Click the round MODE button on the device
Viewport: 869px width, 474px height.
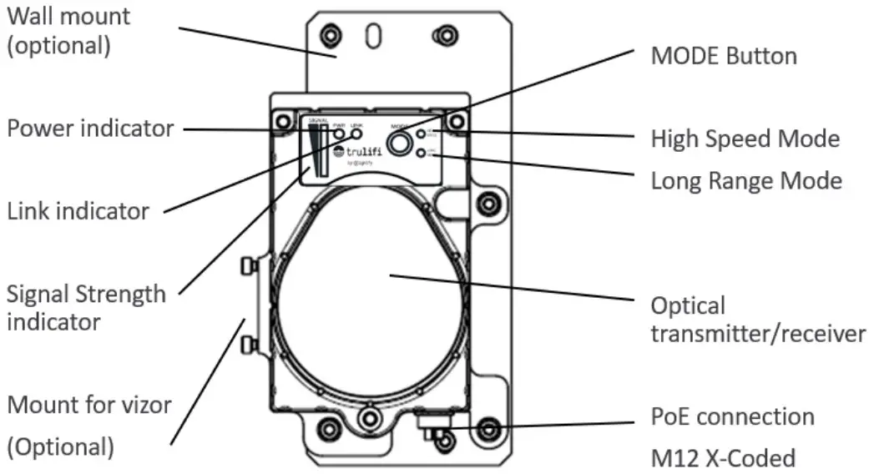click(402, 143)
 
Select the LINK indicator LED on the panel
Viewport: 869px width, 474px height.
click(356, 134)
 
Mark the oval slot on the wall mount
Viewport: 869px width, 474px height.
click(375, 36)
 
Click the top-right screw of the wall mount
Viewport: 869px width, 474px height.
click(442, 35)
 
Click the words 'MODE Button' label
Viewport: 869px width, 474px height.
click(723, 56)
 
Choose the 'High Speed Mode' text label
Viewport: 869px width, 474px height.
click(745, 139)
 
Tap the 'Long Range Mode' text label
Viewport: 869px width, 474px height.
click(746, 180)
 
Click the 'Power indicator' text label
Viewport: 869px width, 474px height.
click(91, 129)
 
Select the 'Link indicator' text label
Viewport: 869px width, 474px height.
click(78, 211)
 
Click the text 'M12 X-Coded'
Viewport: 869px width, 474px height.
click(723, 458)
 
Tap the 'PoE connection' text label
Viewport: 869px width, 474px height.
click(732, 416)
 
